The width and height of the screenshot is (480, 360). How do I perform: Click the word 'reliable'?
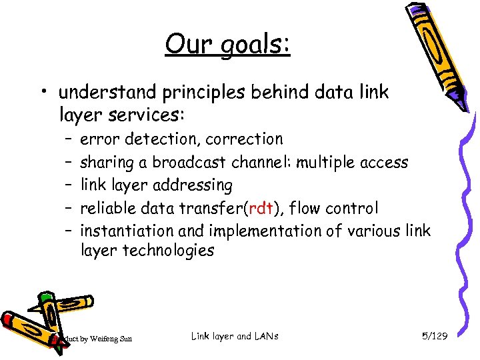pyautogui.click(x=106, y=208)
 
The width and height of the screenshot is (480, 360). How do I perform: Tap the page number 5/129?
pyautogui.click(x=435, y=336)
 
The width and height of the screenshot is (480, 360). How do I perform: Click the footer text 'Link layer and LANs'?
pyautogui.click(x=235, y=336)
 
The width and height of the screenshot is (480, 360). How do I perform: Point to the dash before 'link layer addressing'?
pyautogui.click(x=69, y=185)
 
